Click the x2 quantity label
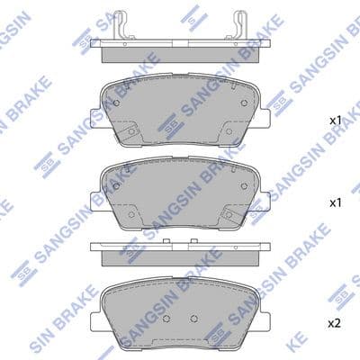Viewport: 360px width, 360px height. tap(335, 323)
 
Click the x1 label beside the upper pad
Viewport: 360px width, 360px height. tap(336, 121)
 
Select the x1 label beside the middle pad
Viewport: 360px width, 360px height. tap(336, 203)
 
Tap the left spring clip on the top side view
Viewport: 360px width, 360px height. tap(123, 24)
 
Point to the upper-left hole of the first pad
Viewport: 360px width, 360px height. tap(116, 103)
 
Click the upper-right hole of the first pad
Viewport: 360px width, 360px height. tap(244, 103)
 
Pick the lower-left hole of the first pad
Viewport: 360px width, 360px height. tap(131, 131)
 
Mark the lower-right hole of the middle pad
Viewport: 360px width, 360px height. tap(229, 214)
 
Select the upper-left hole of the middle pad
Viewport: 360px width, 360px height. tap(116, 186)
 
